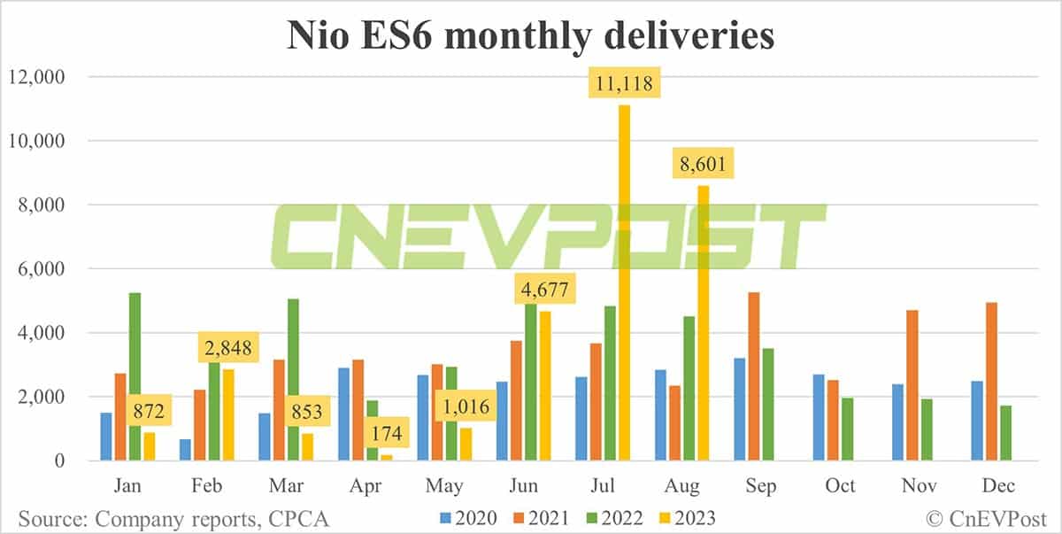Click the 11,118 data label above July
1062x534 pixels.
pyautogui.click(x=625, y=86)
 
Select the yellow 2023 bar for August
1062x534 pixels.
pyautogui.click(x=704, y=323)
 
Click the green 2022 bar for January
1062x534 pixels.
pyautogui.click(x=135, y=376)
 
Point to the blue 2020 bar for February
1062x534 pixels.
pyautogui.click(x=184, y=450)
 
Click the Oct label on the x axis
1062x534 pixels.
pyautogui.click(x=840, y=486)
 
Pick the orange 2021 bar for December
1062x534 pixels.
pyautogui.click(x=992, y=382)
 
